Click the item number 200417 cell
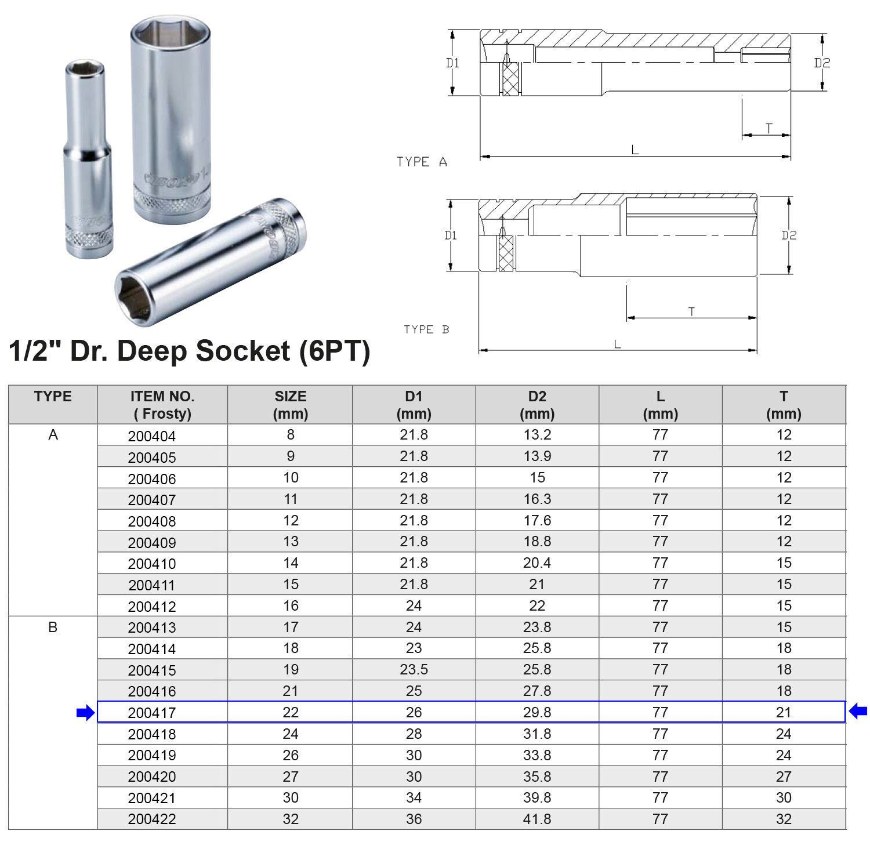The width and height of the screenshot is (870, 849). pos(152,713)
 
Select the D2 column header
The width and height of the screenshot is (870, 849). pos(537,405)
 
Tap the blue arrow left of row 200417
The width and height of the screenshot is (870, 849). pos(85,713)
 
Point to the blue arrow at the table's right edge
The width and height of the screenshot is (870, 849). pos(858,711)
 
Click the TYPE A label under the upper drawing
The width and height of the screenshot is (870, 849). pos(422,162)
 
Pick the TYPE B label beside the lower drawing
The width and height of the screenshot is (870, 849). pos(426,329)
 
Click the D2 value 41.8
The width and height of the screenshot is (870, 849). pos(537,819)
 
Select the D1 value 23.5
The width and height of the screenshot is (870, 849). pos(414,670)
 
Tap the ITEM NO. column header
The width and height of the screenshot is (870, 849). pos(162,405)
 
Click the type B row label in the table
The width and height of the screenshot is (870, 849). pos(53,627)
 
